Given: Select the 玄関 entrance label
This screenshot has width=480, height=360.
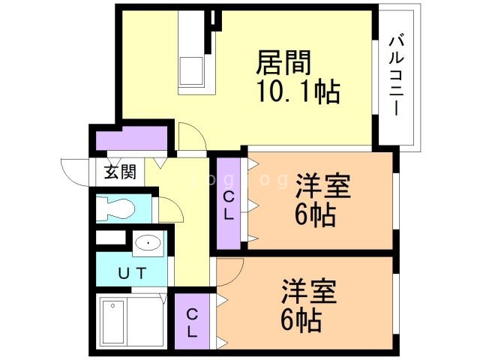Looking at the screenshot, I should click(119, 172).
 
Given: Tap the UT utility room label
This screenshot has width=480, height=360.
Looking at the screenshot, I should click(131, 272).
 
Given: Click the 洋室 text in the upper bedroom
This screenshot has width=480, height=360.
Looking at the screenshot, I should click(322, 186).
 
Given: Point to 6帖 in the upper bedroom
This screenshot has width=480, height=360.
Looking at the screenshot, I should click(314, 216).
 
